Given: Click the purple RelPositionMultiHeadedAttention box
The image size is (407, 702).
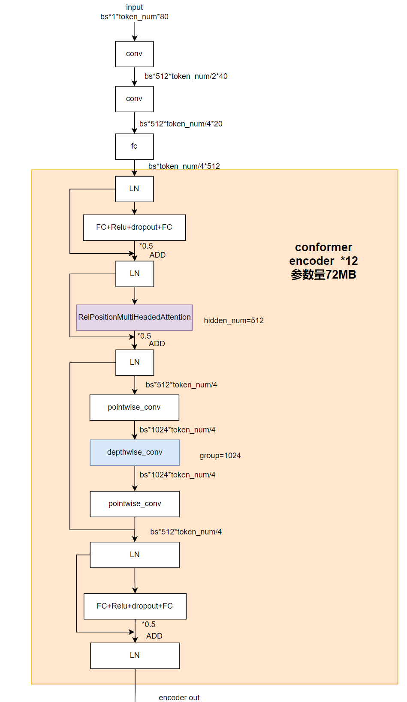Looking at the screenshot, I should click(x=134, y=318).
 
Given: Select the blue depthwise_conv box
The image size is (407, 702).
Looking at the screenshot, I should click(x=135, y=453).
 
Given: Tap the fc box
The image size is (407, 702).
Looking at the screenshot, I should click(x=134, y=147).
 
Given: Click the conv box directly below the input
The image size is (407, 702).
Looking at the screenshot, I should click(x=134, y=54).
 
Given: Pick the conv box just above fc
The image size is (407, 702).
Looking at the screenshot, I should click(x=134, y=99).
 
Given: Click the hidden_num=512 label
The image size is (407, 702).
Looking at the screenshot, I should click(x=234, y=321).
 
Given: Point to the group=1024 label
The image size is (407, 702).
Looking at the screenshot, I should click(x=220, y=456).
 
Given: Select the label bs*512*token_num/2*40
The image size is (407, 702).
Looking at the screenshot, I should click(x=186, y=76).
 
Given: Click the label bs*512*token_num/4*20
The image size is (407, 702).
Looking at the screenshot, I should click(x=181, y=124).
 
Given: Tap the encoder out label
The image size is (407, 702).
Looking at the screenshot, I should click(x=179, y=698).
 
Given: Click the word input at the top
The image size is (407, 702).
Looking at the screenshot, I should click(x=134, y=7).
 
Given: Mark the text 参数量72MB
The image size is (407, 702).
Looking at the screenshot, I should click(x=323, y=275).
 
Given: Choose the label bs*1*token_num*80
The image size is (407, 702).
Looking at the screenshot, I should click(x=134, y=17).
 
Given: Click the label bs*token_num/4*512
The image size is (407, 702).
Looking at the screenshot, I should click(x=184, y=166).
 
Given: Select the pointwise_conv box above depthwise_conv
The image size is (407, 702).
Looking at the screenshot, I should click(x=134, y=408).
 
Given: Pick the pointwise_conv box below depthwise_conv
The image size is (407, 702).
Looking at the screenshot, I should click(x=135, y=504).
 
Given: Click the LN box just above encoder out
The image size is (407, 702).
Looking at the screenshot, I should click(x=135, y=656).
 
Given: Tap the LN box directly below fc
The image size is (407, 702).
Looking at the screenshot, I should click(x=134, y=189).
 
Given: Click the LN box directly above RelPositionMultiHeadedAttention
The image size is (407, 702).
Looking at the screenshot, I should click(x=135, y=274).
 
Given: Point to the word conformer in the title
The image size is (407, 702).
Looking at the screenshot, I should click(x=323, y=247).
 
